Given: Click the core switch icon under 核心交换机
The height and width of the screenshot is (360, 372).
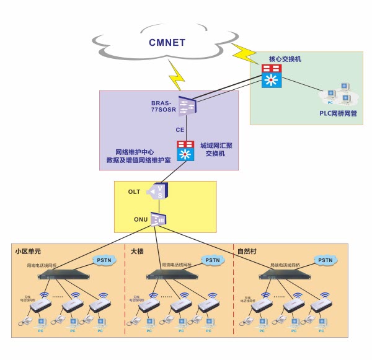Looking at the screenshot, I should [x=271, y=76].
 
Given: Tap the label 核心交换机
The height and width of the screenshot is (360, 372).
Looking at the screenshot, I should [x=285, y=58].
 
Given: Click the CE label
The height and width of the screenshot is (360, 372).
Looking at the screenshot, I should [x=180, y=130].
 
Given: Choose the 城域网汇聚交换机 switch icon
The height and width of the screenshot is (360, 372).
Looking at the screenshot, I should [x=185, y=151].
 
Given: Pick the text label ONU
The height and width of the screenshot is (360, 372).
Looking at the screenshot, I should [x=136, y=220].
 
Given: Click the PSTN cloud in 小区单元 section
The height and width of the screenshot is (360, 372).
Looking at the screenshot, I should [x=104, y=260].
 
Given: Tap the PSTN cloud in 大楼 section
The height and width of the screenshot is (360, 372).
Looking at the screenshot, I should [x=213, y=260].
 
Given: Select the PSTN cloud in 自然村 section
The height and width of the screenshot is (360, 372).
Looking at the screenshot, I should [x=325, y=260].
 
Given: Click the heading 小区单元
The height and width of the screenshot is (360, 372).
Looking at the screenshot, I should [x=28, y=252].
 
